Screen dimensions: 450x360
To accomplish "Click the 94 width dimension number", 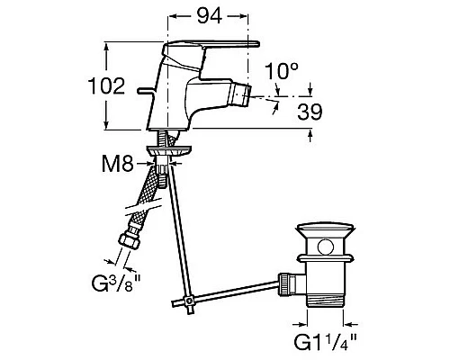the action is click(x=210, y=16).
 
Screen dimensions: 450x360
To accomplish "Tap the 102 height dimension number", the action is click(x=106, y=85).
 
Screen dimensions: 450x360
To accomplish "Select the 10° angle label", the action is click(x=281, y=71).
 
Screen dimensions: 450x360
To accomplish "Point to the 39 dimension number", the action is click(x=310, y=112).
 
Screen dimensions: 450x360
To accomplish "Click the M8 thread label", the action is click(x=118, y=164).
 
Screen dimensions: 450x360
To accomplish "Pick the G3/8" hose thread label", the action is click(x=116, y=283).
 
